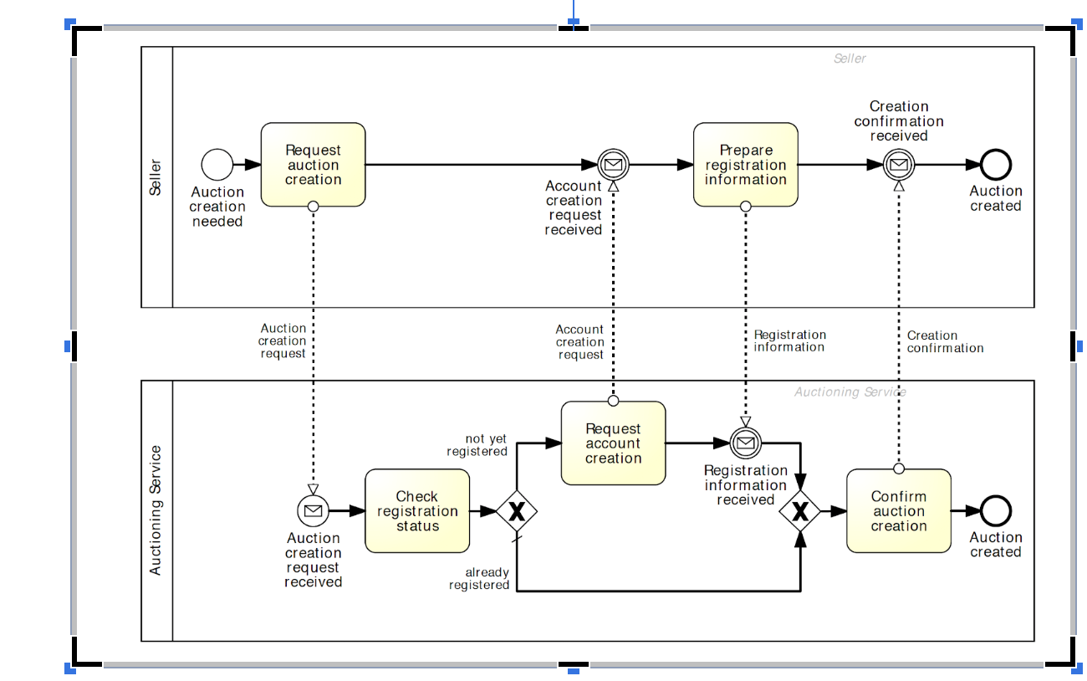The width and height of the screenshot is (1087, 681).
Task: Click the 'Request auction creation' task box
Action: [313, 165]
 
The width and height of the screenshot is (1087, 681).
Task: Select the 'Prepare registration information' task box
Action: [745, 165]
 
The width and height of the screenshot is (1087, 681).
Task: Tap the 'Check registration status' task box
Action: [417, 511]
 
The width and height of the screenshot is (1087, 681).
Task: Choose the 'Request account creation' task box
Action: [613, 443]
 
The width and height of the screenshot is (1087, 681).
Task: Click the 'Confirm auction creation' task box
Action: [898, 511]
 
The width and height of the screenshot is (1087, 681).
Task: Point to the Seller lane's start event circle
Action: [217, 165]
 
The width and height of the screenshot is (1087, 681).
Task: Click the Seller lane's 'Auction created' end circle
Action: [995, 165]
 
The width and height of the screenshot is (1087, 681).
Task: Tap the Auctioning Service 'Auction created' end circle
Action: [995, 510]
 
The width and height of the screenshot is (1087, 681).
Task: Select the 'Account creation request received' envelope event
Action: [613, 165]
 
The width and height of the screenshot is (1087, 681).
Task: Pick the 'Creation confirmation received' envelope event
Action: [898, 165]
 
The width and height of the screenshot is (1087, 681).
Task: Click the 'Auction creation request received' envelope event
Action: [313, 510]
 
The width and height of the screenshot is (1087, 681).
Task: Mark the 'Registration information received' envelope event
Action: [745, 443]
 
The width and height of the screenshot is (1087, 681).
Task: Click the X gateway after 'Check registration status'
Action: [516, 510]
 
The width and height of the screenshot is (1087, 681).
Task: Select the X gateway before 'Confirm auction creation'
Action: [800, 510]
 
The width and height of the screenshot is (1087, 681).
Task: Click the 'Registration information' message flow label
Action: [789, 341]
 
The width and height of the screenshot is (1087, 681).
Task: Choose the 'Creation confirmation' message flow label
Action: [945, 341]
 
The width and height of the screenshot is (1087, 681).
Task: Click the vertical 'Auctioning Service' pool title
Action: [156, 510]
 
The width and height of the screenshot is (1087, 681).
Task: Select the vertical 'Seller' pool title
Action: [156, 177]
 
